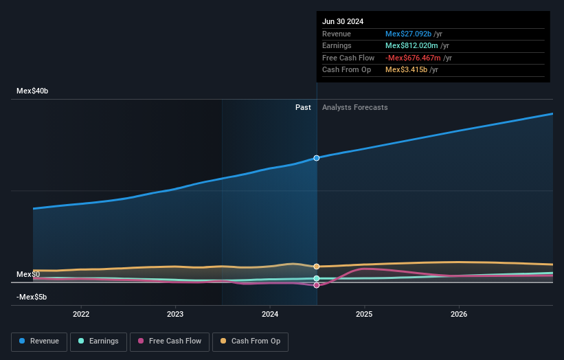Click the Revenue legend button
pyautogui.click(x=38, y=341)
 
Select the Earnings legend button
pyautogui.click(x=98, y=341)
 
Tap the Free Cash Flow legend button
pyautogui.click(x=169, y=341)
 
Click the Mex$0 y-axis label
pyautogui.click(x=28, y=274)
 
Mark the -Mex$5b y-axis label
pyautogui.click(x=32, y=297)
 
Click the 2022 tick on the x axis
pyautogui.click(x=81, y=314)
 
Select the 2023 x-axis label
pyautogui.click(x=175, y=314)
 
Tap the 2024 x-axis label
pyautogui.click(x=270, y=314)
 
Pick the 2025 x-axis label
pyautogui.click(x=364, y=314)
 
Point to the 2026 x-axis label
pyautogui.click(x=459, y=314)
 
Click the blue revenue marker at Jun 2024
pyautogui.click(x=317, y=158)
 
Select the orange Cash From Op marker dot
pyautogui.click(x=317, y=267)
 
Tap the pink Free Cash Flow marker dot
pyautogui.click(x=317, y=285)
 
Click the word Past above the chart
pyautogui.click(x=303, y=107)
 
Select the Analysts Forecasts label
pyautogui.click(x=354, y=107)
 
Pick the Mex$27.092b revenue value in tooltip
pyautogui.click(x=408, y=34)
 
